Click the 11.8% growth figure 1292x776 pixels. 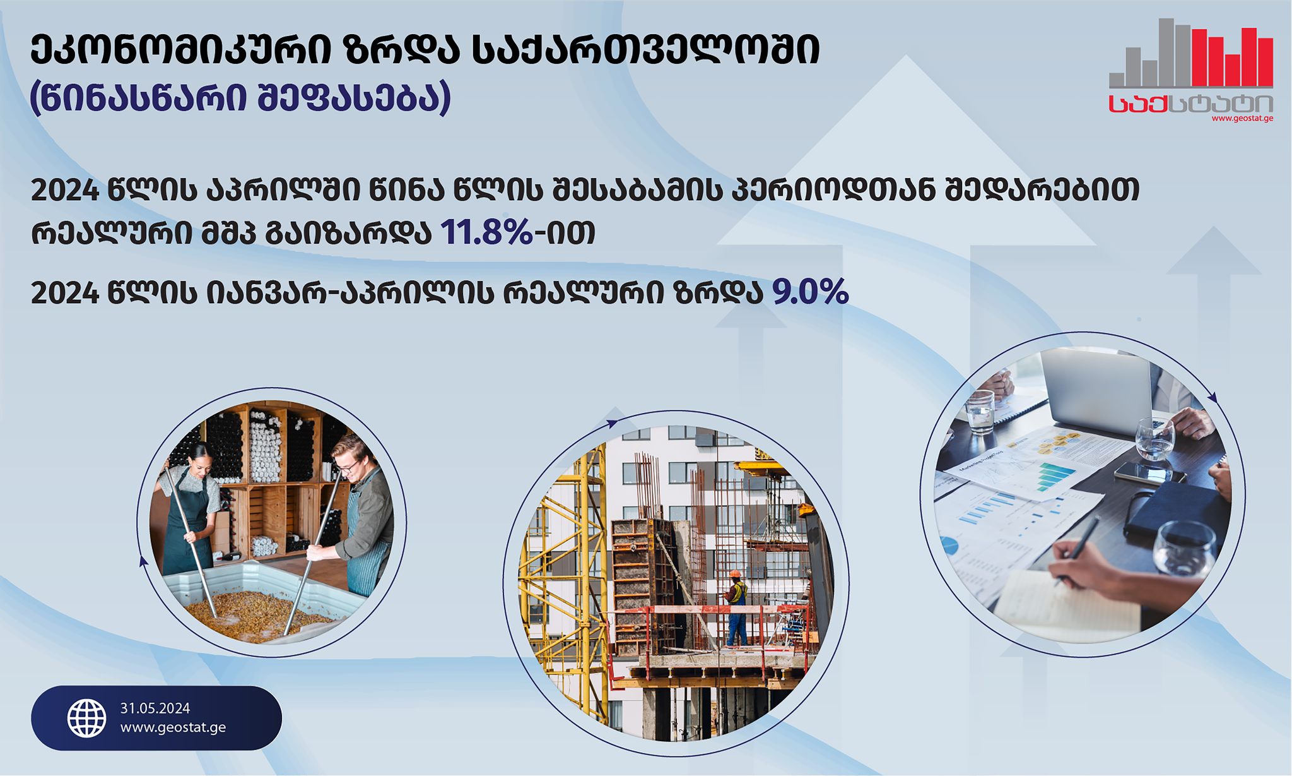[486, 232]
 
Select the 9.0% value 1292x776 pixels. [810, 292]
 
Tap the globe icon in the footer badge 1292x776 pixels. [87, 719]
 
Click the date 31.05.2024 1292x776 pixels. [155, 708]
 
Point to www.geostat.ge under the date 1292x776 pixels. [173, 727]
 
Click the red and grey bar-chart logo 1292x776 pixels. [1191, 54]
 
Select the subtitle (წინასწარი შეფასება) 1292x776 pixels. [240, 98]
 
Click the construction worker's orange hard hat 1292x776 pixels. [735, 574]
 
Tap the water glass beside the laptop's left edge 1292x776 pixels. [980, 412]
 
